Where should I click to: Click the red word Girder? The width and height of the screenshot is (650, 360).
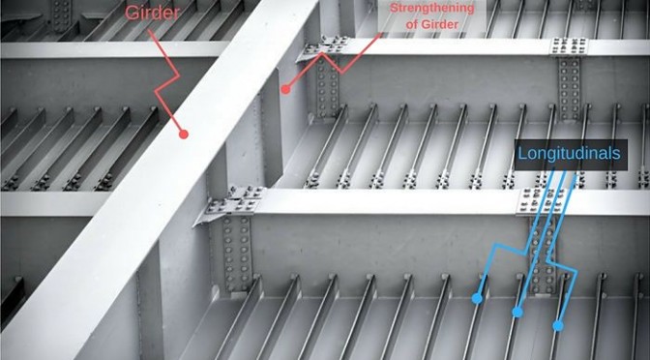[152, 13]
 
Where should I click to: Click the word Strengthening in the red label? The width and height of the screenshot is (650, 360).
[432, 8]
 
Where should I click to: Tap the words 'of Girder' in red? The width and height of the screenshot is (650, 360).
[432, 24]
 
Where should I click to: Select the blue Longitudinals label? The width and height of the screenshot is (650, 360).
[569, 154]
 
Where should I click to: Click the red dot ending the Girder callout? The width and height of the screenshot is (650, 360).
[184, 134]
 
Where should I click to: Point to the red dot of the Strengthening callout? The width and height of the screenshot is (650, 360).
[285, 89]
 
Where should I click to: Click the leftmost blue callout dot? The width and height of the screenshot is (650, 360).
[477, 298]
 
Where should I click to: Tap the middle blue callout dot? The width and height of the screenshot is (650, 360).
[517, 312]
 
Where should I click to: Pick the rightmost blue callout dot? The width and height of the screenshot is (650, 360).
[558, 325]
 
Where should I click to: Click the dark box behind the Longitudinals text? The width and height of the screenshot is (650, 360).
[571, 154]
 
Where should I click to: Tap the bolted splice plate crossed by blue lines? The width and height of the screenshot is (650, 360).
[542, 200]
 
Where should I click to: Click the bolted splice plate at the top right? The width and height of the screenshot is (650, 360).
[569, 46]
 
